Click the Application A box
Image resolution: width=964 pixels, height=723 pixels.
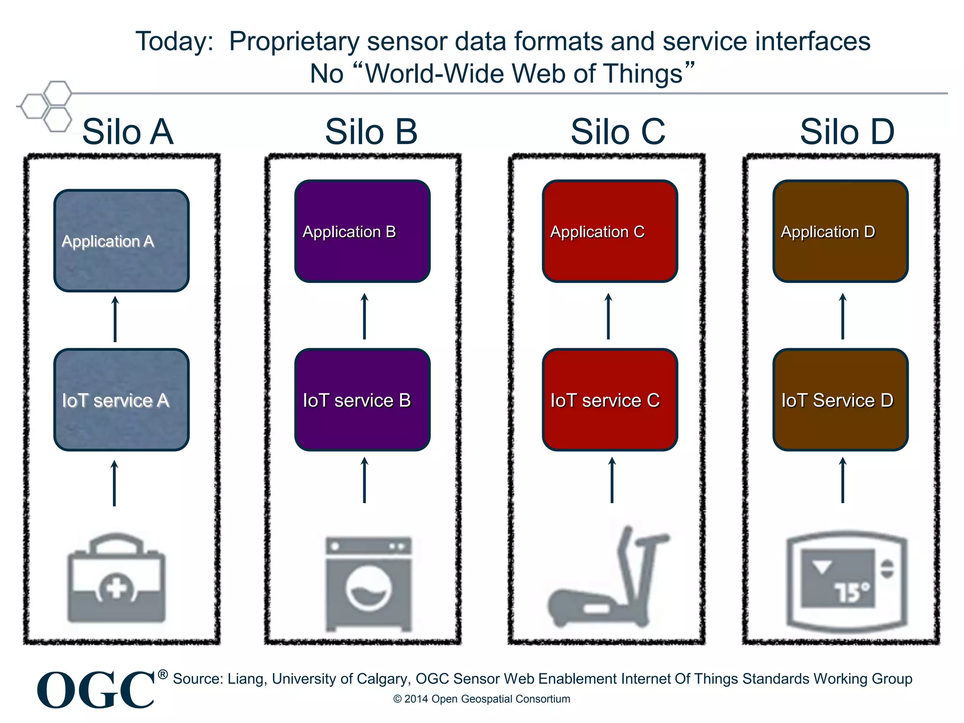121,241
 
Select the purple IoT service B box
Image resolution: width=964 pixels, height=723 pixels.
362,400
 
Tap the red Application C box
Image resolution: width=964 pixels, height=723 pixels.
610,231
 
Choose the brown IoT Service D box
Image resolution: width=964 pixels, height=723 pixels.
840,400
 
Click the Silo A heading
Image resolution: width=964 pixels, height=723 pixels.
128,132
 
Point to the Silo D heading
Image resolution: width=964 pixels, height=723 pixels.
847,132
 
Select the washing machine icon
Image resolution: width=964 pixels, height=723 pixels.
369,584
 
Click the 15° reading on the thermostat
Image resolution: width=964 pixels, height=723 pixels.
852,592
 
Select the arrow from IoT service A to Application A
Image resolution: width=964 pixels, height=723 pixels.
115,319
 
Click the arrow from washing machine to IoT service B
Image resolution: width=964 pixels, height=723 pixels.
364,480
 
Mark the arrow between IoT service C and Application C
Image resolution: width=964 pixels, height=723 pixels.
608,316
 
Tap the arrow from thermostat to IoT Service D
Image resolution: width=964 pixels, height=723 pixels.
843,480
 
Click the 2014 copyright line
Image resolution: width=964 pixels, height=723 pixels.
482,699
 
